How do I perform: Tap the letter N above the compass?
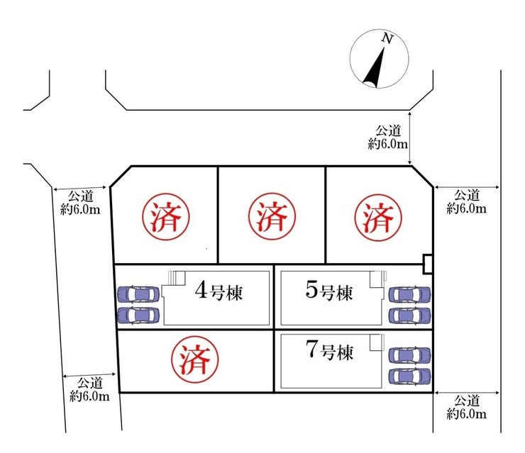(387, 40)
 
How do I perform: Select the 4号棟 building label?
(219, 291)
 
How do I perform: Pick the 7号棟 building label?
(328, 351)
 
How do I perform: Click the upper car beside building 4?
(138, 293)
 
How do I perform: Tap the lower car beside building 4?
(138, 314)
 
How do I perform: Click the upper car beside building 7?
(409, 354)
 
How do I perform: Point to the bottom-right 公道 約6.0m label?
(467, 406)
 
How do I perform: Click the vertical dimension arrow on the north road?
(411, 139)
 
